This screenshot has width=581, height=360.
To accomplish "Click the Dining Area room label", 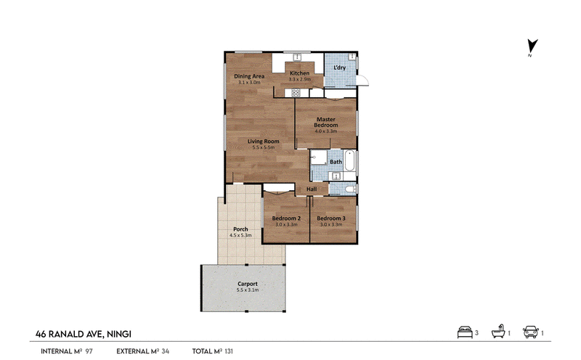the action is pos(249,76).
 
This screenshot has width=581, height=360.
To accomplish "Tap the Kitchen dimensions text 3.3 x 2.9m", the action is pos(299,79).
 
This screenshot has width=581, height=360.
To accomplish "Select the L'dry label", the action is pos(339,67).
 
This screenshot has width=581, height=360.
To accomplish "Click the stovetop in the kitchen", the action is pos(296,92).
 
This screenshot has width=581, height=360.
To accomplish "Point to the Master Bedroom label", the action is pos(325,122).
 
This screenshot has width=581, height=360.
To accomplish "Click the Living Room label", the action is pos(264,141).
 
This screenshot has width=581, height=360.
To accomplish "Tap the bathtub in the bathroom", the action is pos(350,160).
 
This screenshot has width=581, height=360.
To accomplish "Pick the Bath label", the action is pos(336,162).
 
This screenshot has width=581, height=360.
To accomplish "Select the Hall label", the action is pos(312,189).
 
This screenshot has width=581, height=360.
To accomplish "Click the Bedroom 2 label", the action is pos(286,218).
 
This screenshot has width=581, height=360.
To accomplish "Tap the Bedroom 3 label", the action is pos(331,218).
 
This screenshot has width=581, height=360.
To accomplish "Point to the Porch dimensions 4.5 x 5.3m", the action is pos(240,235).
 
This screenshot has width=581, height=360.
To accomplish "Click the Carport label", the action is pos(248,284).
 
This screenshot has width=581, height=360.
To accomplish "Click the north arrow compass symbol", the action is pos(532,46).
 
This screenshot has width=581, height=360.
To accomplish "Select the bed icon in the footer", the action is pos(465,332).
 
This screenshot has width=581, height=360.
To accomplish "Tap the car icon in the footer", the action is pos(531,332).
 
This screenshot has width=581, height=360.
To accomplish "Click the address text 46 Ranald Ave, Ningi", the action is pos(84,334).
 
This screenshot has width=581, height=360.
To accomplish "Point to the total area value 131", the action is pos(229,351).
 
